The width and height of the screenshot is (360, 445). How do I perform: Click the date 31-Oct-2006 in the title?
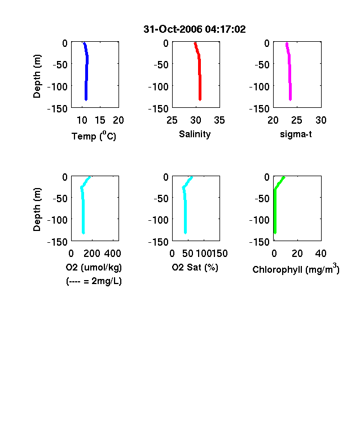(173, 29)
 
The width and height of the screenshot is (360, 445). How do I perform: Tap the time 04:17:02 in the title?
(225, 29)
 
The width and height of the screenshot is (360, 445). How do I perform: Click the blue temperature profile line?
(86, 71)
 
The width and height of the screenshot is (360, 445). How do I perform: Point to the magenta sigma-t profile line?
(289, 71)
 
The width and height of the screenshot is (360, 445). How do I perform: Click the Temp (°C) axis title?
(94, 136)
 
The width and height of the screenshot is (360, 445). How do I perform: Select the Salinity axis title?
(195, 134)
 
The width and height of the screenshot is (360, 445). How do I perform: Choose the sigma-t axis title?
(296, 134)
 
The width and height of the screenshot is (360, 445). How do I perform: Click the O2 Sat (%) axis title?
(195, 267)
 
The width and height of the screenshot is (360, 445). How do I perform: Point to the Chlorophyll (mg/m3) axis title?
(296, 268)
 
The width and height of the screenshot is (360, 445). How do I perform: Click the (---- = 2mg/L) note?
(94, 281)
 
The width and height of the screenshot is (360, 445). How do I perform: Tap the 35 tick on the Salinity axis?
(219, 120)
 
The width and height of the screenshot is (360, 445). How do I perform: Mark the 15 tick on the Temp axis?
(100, 120)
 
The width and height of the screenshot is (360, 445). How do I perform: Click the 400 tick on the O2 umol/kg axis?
(112, 254)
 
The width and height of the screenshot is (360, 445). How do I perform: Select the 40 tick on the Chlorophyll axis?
(321, 254)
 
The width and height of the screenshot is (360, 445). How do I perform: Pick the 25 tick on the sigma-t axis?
(296, 120)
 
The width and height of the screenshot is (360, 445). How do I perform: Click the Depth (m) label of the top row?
(37, 76)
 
